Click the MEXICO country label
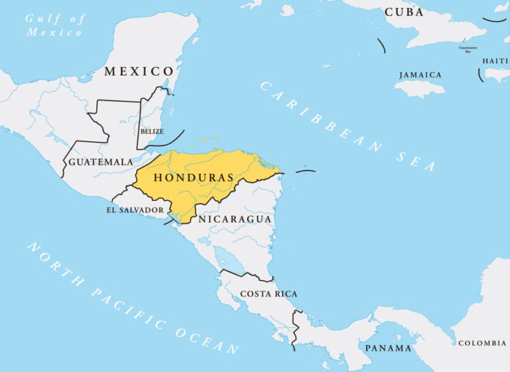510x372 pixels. click(138, 71)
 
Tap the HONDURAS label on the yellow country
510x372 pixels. click(193, 178)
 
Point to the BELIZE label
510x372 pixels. click(151, 131)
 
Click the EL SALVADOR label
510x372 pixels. click(135, 210)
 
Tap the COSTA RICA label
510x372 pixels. click(268, 294)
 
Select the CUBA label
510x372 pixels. click(404, 13)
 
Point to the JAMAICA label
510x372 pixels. click(420, 75)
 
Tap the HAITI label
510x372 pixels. click(495, 61)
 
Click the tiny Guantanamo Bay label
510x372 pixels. click(468, 48)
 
